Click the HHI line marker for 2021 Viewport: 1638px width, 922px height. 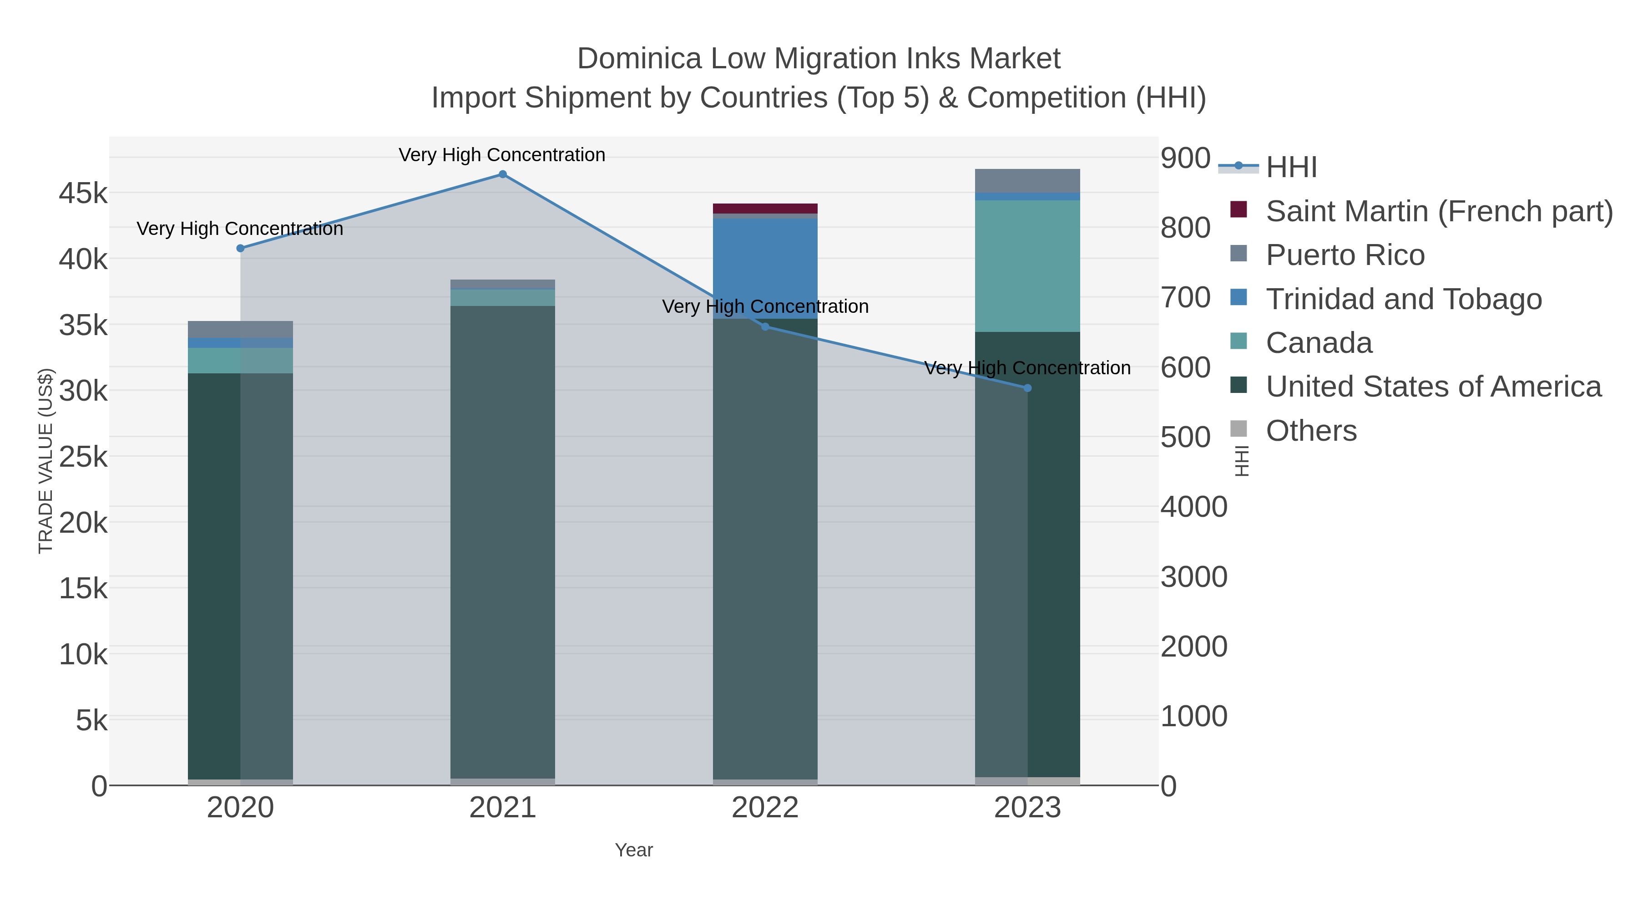[x=502, y=174]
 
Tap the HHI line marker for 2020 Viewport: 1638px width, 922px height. [x=240, y=248]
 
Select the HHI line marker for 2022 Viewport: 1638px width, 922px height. [x=765, y=327]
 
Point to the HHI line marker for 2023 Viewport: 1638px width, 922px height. [x=1027, y=388]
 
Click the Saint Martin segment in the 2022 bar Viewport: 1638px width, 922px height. [x=765, y=209]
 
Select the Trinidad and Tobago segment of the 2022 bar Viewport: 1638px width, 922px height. [x=765, y=267]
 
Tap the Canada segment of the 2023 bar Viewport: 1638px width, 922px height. [x=1027, y=266]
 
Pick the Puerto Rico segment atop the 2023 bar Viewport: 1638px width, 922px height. [x=1027, y=181]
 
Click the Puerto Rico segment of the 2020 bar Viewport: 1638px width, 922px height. [x=240, y=329]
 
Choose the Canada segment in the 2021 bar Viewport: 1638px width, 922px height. [x=502, y=298]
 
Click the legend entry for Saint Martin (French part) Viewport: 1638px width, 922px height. [x=1438, y=211]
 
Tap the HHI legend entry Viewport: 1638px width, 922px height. [x=1291, y=168]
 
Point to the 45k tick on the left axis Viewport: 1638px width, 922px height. [x=83, y=193]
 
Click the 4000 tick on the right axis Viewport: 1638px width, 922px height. [x=1193, y=507]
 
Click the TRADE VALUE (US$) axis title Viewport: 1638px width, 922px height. [x=46, y=461]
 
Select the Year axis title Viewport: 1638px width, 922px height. [x=634, y=850]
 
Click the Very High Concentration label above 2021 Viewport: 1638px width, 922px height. [x=502, y=155]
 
